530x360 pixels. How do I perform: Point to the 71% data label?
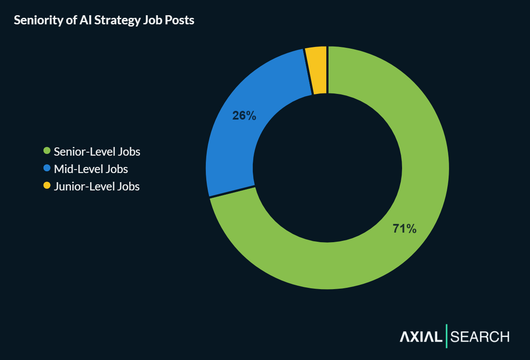click(x=404, y=229)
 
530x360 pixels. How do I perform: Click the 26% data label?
click(x=244, y=116)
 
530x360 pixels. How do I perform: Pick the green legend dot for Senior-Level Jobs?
click(x=47, y=151)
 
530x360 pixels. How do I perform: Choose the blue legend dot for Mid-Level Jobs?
click(x=47, y=168)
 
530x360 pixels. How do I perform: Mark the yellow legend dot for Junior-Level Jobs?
click(x=47, y=186)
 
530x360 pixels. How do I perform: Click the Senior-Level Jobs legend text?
click(x=97, y=152)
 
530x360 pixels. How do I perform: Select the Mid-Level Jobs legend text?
click(x=91, y=169)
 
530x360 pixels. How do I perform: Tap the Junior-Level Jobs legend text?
click(x=97, y=187)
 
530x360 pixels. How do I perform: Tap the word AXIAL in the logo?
click(x=420, y=337)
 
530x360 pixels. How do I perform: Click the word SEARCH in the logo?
click(x=480, y=337)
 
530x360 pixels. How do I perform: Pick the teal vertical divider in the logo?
click(x=446, y=336)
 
